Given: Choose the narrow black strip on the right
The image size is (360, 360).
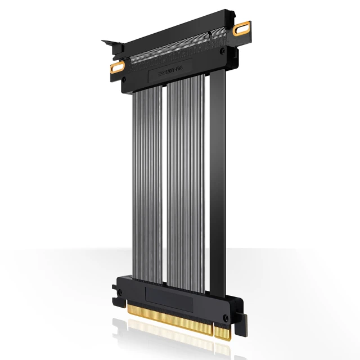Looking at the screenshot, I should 217,180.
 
